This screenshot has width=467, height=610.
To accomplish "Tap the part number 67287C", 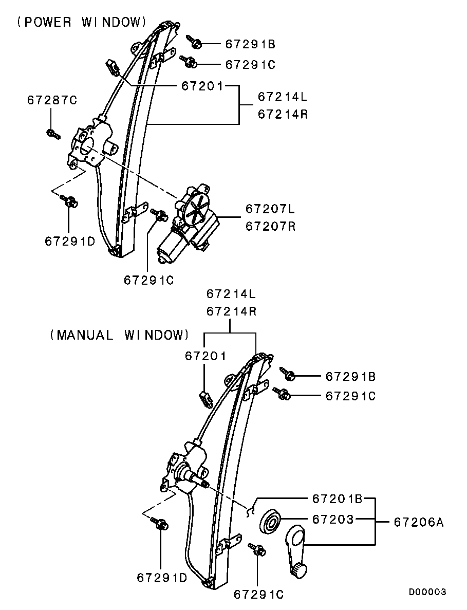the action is pos(52,100).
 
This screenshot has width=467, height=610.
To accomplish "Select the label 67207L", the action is pos(270,209).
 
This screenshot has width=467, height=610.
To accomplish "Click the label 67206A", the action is pos(419,522).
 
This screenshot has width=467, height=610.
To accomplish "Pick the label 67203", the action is pos(333,519).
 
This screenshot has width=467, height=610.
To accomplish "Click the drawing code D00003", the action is pos(427,592).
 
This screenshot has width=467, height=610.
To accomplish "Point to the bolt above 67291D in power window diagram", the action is pos(69,201).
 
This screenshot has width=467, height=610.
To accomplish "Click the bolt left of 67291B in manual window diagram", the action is pos(288,373).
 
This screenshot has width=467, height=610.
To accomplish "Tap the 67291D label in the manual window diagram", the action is pos(162,578).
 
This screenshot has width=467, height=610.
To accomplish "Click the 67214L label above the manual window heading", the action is pos(231,294).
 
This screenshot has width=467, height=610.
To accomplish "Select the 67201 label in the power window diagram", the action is pos(202,85).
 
